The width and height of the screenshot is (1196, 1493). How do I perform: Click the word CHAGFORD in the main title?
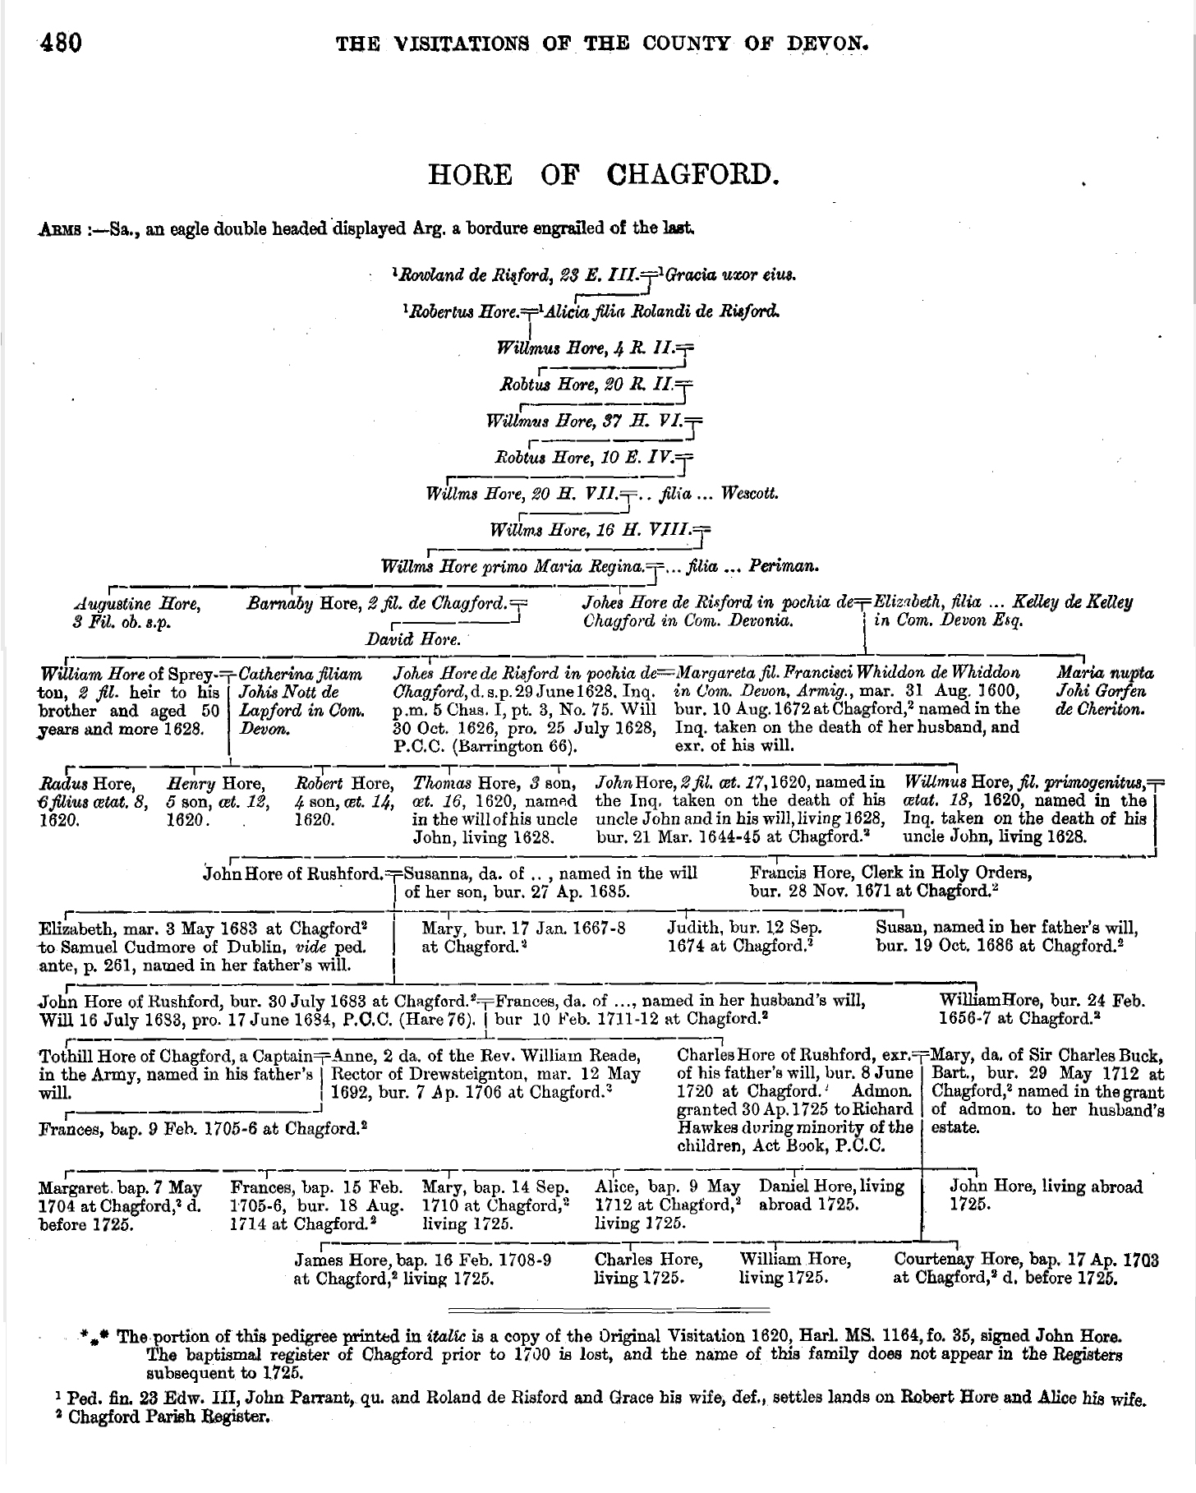692,175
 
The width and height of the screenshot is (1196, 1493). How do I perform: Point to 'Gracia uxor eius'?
730,275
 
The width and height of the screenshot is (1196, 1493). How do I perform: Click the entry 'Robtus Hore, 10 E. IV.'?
583,458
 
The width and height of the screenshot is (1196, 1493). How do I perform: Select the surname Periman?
789,566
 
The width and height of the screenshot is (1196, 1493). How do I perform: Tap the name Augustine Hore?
136,604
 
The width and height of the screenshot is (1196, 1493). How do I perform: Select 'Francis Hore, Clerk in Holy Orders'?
890,873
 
